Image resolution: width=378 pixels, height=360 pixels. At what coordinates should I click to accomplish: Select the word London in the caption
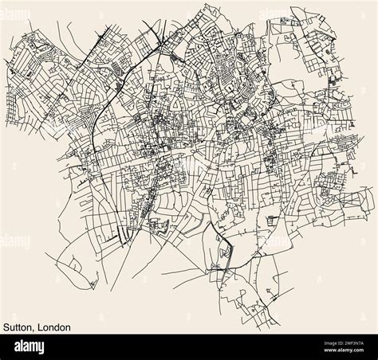(x=54, y=327)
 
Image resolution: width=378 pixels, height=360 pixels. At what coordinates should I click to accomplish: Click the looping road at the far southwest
(x=76, y=263)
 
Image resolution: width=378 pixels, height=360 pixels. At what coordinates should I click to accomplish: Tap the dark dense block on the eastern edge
(x=329, y=80)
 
